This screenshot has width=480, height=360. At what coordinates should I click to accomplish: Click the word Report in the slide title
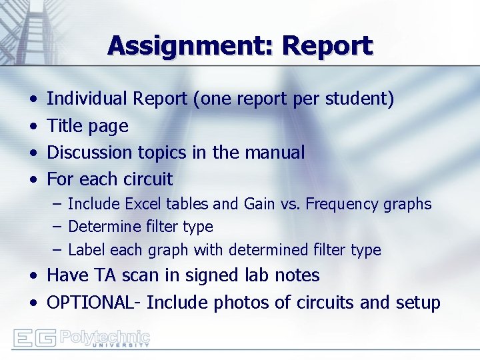coord(327,46)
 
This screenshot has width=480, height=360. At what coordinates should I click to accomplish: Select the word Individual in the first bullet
coord(87,99)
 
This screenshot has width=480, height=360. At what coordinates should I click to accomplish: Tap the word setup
coord(417,303)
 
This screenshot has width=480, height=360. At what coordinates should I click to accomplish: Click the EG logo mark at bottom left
coord(35,338)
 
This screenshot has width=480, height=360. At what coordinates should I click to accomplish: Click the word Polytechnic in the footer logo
coord(105,335)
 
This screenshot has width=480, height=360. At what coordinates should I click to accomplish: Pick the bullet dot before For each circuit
coord(33,179)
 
